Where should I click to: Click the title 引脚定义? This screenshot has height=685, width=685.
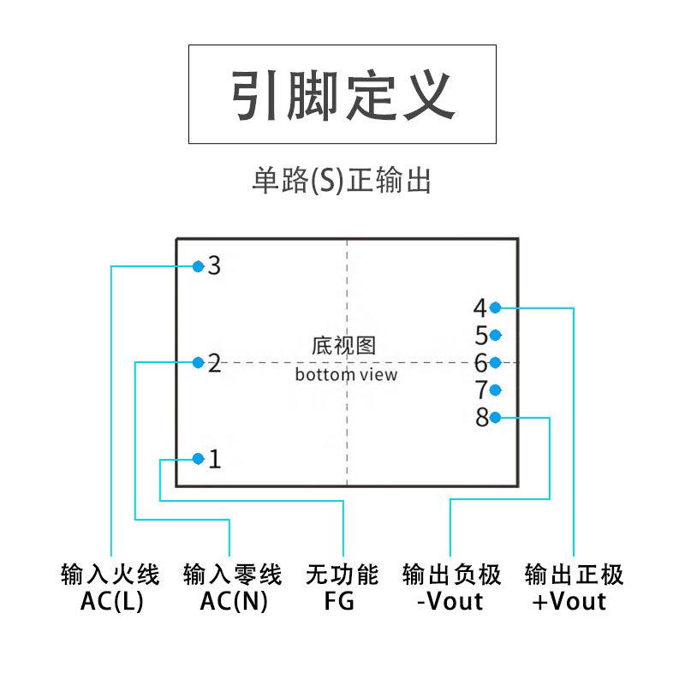point(342,94)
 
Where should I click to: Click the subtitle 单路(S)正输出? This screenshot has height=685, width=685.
point(342,181)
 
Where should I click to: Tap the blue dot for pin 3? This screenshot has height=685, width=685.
point(198,266)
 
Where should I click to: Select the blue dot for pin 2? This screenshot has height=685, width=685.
point(198,362)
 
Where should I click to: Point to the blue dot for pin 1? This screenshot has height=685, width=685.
point(198,459)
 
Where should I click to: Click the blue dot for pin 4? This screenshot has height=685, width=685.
point(496,307)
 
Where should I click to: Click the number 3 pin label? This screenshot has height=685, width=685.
point(214,266)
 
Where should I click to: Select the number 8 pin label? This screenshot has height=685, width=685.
point(481,418)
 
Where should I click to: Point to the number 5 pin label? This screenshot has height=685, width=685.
point(481,335)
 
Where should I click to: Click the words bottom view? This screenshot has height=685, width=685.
point(346,374)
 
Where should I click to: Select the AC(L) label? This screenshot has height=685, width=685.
point(112,602)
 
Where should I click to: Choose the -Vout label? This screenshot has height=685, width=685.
point(450,602)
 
